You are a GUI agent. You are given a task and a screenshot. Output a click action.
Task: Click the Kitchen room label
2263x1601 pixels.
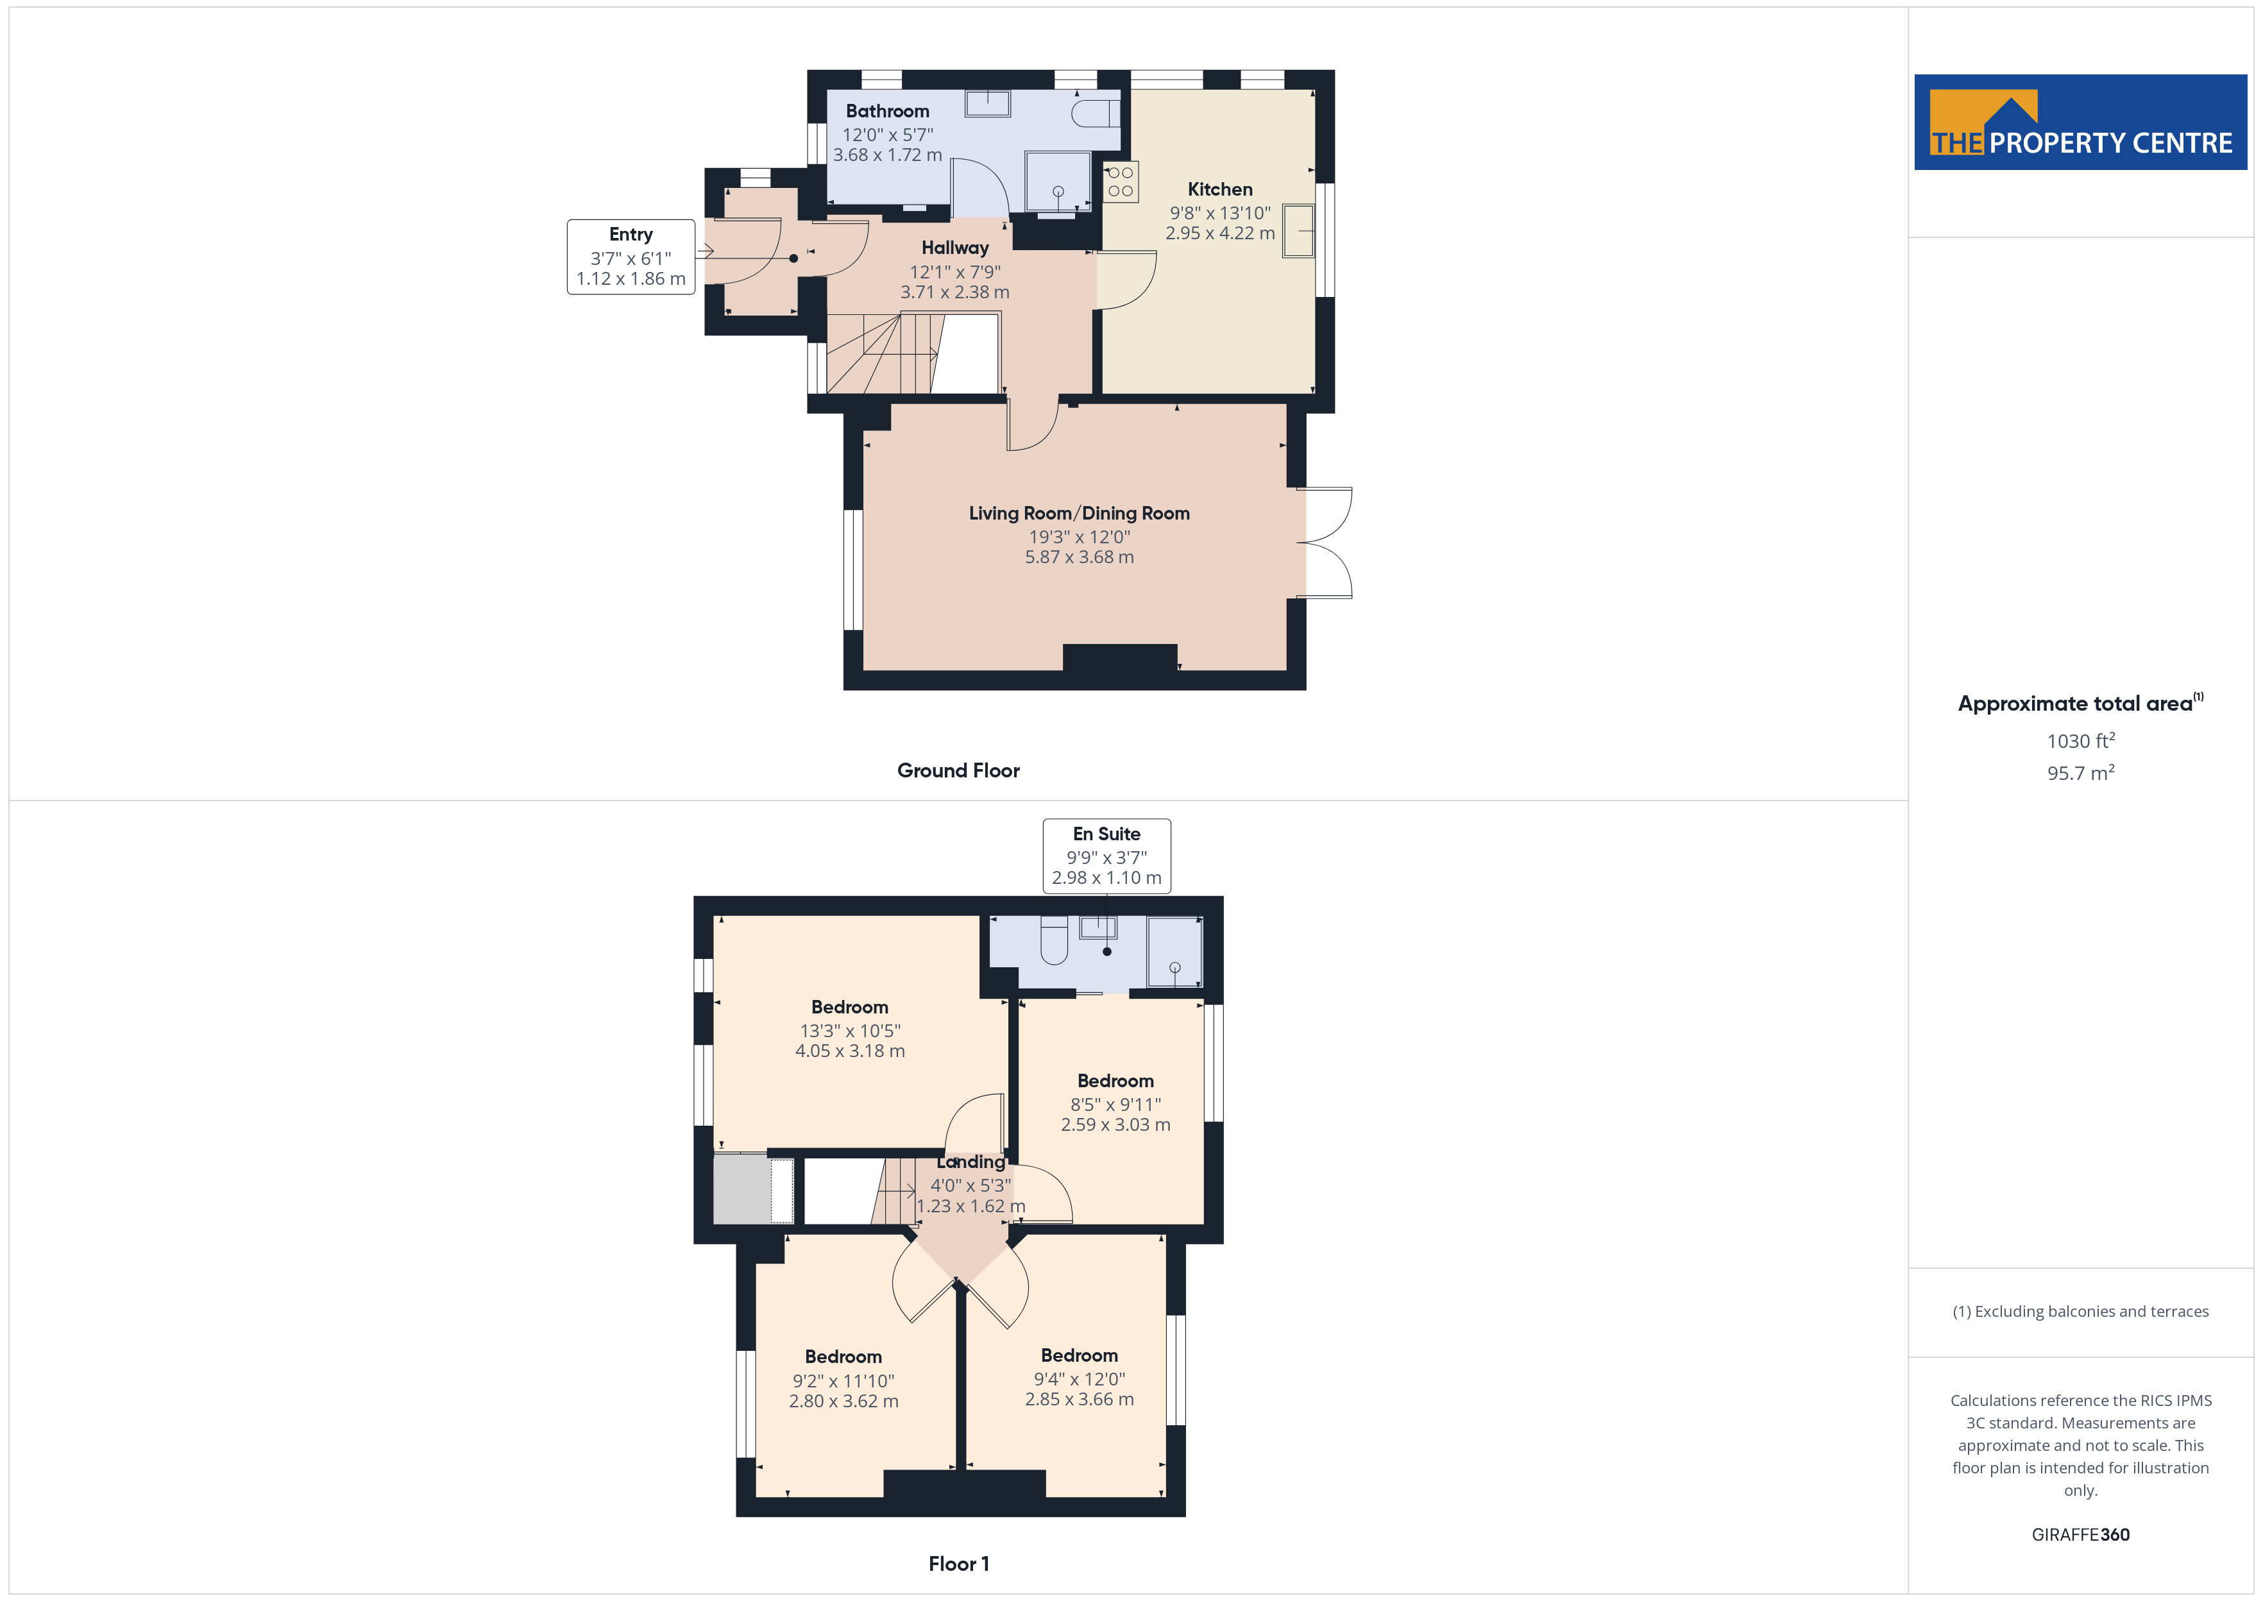pos(1219,189)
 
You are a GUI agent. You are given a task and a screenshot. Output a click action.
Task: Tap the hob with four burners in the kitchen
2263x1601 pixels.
pos(1121,180)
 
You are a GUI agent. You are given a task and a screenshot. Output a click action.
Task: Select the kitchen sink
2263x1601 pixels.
pos(1298,231)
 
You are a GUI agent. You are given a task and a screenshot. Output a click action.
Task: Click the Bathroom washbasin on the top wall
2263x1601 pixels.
pos(988,103)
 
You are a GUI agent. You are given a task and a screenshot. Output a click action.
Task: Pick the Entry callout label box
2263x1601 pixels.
pos(631,257)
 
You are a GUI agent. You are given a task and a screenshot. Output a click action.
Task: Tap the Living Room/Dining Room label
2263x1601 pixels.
pos(1080,514)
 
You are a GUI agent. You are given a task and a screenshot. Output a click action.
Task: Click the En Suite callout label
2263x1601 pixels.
pos(1107,856)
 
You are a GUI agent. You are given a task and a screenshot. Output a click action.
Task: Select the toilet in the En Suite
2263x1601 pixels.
pos(1054,940)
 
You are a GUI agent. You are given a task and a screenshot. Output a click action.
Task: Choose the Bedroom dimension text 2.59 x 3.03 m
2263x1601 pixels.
pos(1115,1125)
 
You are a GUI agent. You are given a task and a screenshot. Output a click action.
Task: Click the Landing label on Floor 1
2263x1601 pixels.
pos(971,1162)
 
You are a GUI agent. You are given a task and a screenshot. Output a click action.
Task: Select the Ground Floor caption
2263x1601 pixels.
pos(958,771)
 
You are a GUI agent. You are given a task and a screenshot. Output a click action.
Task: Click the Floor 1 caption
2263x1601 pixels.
pos(958,1564)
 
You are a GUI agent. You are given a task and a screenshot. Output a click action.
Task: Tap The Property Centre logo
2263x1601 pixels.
pos(2081,123)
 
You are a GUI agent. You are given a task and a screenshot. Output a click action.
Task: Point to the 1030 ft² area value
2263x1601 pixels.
pos(2081,740)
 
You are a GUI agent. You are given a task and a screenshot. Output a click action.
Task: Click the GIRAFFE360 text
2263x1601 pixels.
pos(2081,1535)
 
